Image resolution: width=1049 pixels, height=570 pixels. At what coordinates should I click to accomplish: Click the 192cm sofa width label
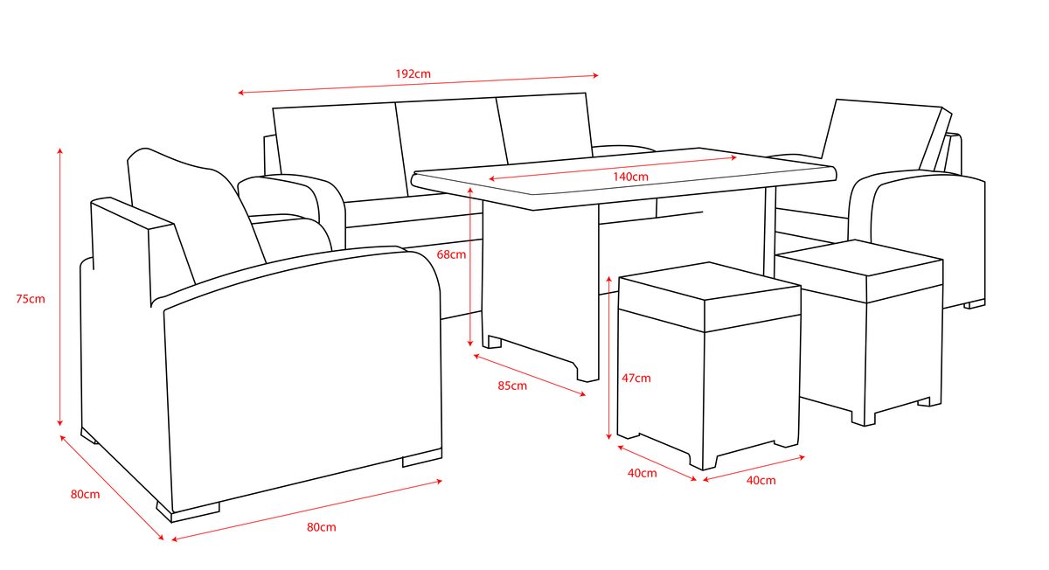pos(413,74)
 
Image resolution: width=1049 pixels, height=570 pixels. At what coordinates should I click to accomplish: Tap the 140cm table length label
pos(630,177)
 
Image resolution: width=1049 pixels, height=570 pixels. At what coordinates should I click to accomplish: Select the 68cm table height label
pos(451,254)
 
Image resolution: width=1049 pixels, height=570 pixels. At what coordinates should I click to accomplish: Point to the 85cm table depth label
pos(512,386)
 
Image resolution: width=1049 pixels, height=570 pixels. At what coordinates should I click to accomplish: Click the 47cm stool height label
pos(636,378)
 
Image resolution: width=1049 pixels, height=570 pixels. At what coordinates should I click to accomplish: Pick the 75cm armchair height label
pos(31,299)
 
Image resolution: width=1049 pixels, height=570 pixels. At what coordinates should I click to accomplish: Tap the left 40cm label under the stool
pos(642,474)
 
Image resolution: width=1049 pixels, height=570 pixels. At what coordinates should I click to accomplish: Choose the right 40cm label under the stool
pos(761,481)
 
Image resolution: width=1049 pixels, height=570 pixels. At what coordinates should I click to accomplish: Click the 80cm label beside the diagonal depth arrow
pos(86,495)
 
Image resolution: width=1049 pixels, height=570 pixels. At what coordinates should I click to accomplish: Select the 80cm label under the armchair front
pos(322,527)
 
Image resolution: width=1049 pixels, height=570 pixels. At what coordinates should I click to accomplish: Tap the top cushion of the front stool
pos(710,296)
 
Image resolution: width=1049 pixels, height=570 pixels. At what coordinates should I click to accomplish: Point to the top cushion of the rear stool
pos(859,270)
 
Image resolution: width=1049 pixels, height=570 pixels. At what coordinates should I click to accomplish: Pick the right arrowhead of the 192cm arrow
pos(595,75)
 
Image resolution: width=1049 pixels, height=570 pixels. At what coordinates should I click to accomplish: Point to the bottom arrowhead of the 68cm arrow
pos(470,344)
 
